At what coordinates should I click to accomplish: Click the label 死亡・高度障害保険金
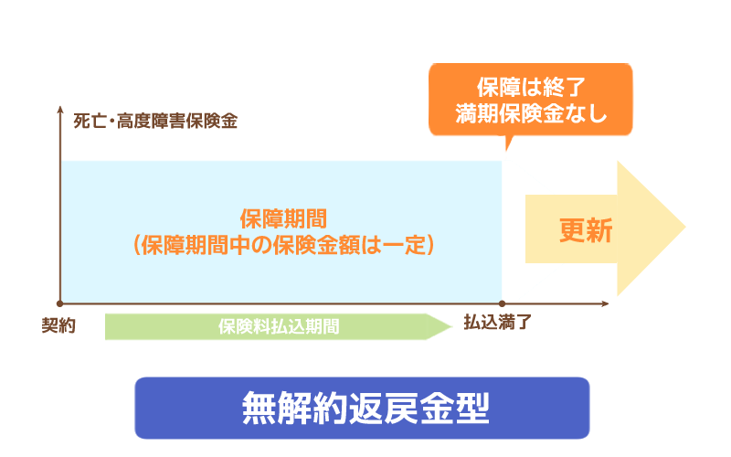point(155,121)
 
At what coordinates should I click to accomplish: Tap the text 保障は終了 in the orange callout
point(530,89)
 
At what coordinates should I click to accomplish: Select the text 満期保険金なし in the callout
point(530,115)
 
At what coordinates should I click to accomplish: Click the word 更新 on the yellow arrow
point(586,230)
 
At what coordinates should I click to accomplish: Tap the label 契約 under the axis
point(58,326)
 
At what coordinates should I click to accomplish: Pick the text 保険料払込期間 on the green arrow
point(278,326)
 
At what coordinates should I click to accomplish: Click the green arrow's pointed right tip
point(451,326)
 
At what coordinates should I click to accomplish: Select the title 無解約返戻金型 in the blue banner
point(365,408)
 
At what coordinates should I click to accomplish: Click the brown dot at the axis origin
point(60,303)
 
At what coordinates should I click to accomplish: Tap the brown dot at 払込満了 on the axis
point(502,303)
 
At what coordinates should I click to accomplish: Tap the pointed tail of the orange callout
point(505,149)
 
